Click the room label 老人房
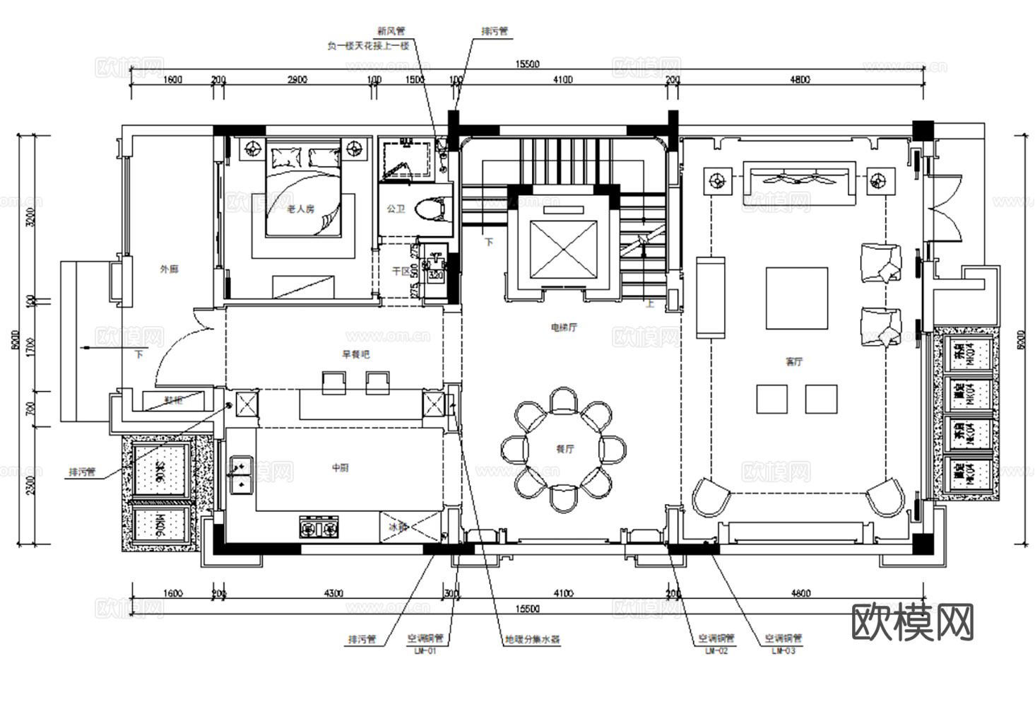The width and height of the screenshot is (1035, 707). pos(300,209)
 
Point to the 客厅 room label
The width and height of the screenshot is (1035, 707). pos(794,361)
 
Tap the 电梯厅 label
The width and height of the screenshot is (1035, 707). pos(564,327)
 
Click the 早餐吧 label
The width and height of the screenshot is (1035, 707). pos(355,355)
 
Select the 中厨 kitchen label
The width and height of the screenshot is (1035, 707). pos(340,467)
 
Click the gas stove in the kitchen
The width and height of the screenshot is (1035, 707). pos(319,527)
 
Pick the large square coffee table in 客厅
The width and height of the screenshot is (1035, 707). pos(797,298)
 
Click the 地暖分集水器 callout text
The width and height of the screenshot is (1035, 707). pos(532,639)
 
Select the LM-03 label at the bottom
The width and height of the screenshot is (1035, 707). pos(783,650)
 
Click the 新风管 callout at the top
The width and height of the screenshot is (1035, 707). pos(391,31)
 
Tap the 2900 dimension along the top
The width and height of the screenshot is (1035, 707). pos(297,79)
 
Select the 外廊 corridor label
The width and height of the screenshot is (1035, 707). pos(169,269)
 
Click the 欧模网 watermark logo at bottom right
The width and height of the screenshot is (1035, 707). pos(913,622)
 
